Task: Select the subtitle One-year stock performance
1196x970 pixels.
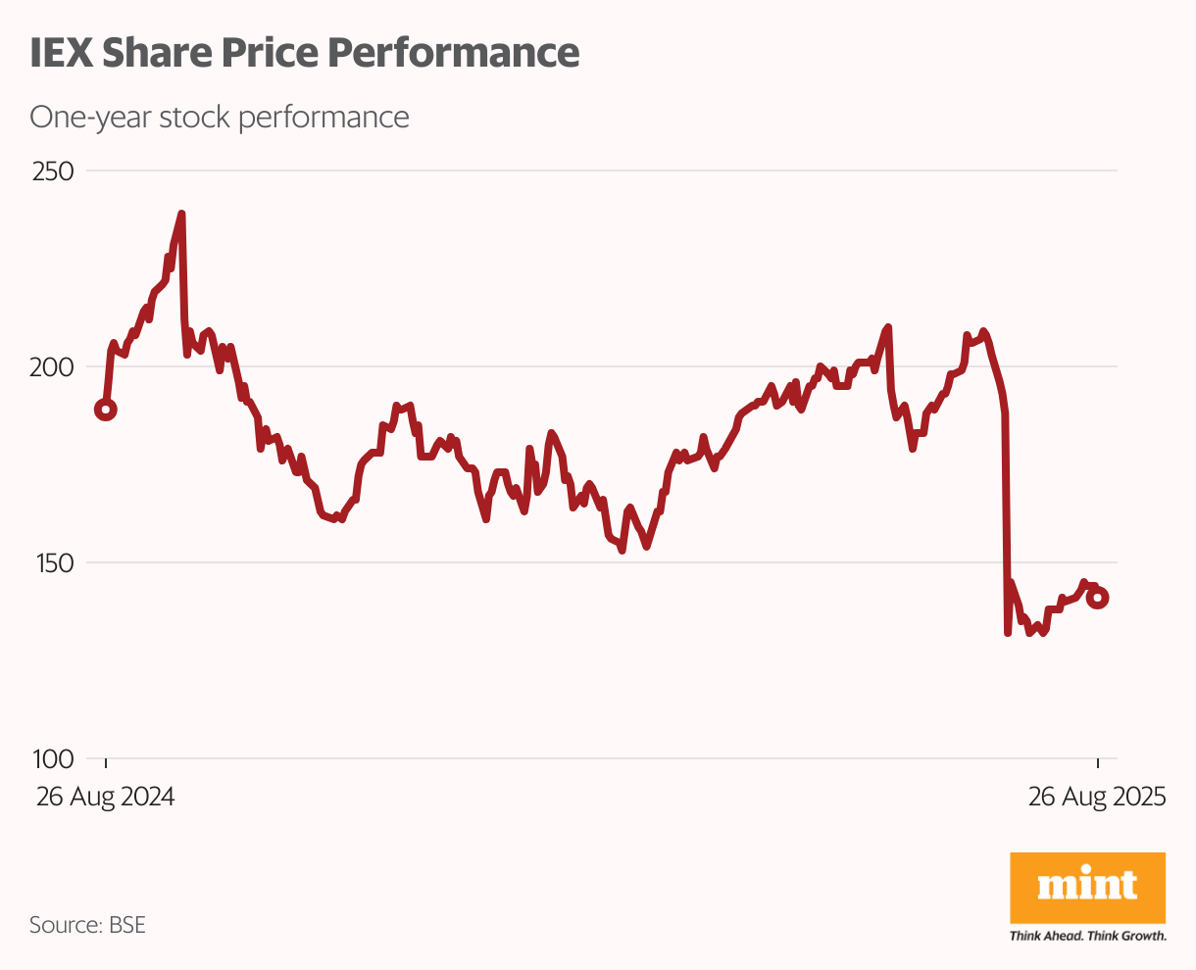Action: (x=219, y=118)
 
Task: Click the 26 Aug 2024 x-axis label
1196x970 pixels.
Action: (x=106, y=798)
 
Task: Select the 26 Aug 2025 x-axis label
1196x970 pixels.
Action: (x=1097, y=798)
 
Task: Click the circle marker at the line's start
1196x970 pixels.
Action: (x=106, y=410)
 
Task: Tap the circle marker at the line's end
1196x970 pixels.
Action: (x=1098, y=598)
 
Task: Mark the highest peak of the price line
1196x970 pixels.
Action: (x=181, y=214)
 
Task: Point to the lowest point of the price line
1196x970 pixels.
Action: (x=1008, y=633)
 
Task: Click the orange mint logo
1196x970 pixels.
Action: (x=1087, y=887)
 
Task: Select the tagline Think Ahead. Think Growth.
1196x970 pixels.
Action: (x=1087, y=937)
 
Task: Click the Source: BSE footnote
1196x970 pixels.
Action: (x=87, y=925)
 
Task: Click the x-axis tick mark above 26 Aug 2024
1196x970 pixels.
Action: (x=106, y=764)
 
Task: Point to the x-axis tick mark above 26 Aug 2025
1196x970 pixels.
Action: (x=1098, y=764)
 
